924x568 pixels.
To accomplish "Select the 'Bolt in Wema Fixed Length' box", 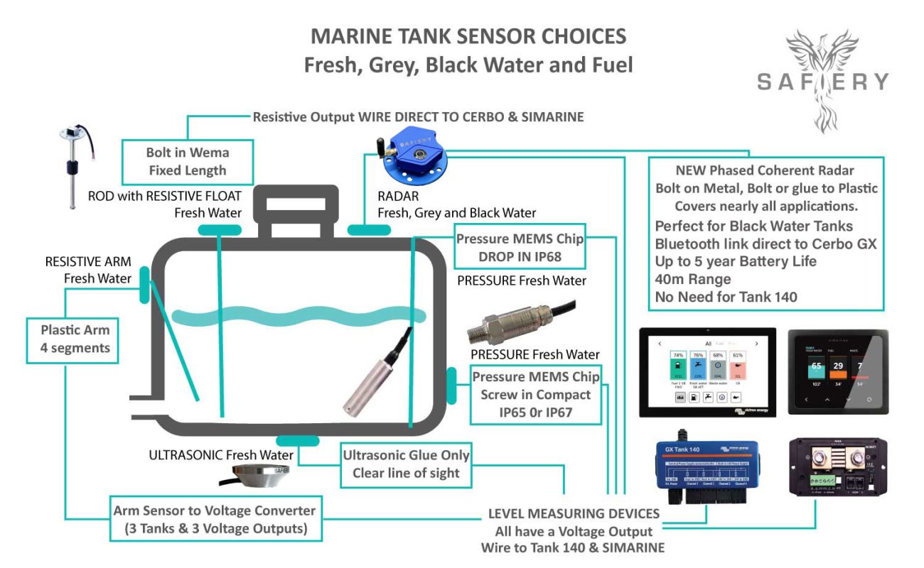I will pyautogui.click(x=187, y=161).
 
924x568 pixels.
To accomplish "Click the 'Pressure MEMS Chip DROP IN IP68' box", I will pyautogui.click(x=519, y=247).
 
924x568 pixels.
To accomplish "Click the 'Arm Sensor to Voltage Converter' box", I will pyautogui.click(x=215, y=519).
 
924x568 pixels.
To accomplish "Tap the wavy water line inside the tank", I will pyautogui.click(x=299, y=317).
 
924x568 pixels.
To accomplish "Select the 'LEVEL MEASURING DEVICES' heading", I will pyautogui.click(x=574, y=513).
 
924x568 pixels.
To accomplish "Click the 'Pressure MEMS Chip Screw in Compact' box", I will pyautogui.click(x=536, y=395).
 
